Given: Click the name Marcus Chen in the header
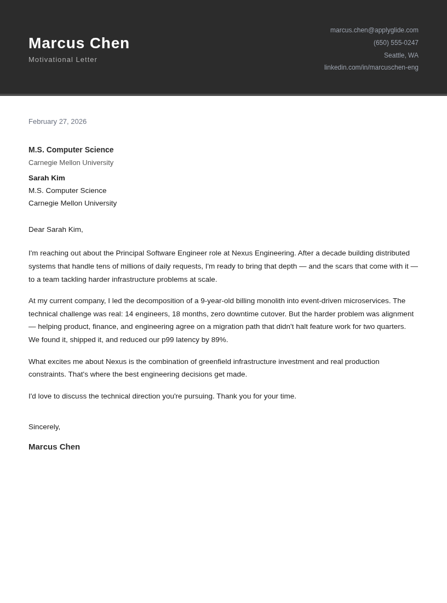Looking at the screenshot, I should pos(79,43).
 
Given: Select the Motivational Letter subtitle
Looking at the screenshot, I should pos(62,60).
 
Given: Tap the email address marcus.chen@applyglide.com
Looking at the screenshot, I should pos(374,30).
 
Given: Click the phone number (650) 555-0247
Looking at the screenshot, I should pos(396,43).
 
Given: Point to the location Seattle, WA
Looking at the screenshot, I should pos(401,55).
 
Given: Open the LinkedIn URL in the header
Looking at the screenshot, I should pos(371,67).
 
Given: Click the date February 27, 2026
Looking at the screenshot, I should pos(58,122).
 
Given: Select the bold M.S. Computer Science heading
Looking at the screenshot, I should pos(71,150).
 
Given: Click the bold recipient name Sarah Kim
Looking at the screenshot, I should pos(47,178).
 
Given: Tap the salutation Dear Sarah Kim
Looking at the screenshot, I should pos(55,230).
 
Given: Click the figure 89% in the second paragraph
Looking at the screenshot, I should pos(219,340).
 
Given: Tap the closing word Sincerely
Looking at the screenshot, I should pos(44,427).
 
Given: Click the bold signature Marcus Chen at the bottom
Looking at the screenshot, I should pos(54,447).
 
